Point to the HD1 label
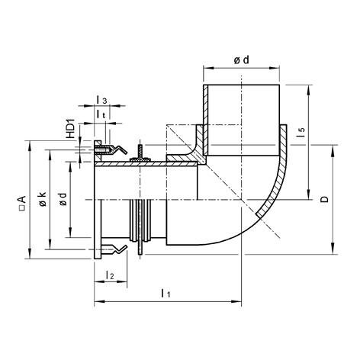[71, 129]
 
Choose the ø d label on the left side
[63, 201]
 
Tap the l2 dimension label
[109, 274]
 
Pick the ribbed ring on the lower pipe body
[140, 225]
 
